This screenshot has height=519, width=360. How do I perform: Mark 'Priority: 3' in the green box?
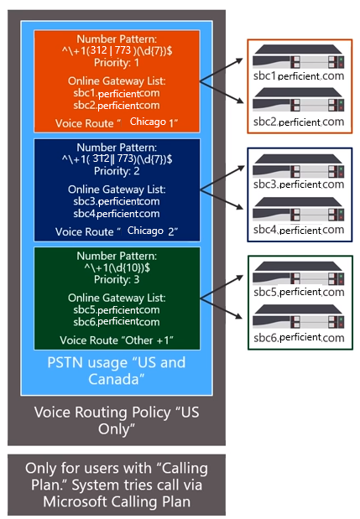point(116,278)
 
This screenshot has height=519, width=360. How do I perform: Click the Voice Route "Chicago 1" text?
point(116,123)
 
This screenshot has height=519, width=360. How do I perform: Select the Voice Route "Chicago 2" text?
point(116,231)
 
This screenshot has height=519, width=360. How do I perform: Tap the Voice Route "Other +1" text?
point(116,340)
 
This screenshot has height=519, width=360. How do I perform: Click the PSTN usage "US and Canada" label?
point(116,370)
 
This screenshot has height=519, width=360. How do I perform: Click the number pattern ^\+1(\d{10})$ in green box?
point(116,267)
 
